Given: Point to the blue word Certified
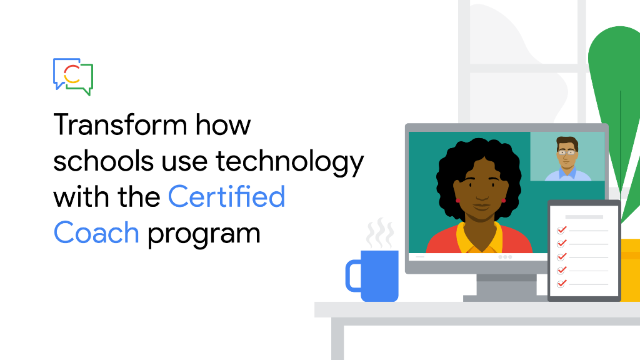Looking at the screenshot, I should point(227,197).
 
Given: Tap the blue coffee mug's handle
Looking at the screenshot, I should point(354,276).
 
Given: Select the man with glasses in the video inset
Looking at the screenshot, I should point(567,157).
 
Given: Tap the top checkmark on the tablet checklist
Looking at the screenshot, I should point(561,230).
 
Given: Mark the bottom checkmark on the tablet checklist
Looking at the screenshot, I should point(561,283).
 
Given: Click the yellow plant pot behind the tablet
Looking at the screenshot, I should point(630,269).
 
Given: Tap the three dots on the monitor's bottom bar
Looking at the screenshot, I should point(505,257).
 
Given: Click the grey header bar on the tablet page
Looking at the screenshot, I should point(584,217).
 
